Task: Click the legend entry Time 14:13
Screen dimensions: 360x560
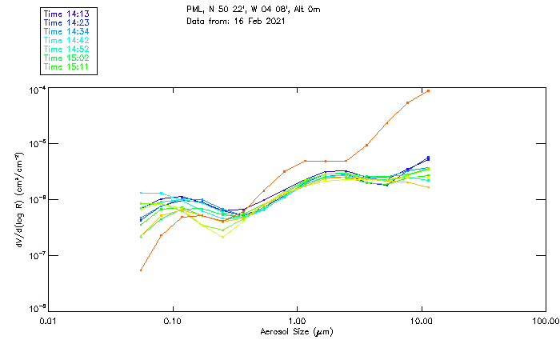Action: [x=68, y=14]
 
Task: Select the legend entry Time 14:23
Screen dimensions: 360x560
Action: [x=68, y=22]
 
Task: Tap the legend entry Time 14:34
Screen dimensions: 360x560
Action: [x=68, y=31]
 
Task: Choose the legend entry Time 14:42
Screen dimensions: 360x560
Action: [x=68, y=40]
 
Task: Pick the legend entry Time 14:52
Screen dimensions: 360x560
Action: [x=68, y=49]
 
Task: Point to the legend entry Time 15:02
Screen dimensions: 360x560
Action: [x=68, y=58]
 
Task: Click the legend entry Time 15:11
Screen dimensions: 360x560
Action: [x=68, y=66]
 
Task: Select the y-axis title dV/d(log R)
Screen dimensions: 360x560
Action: [x=18, y=198]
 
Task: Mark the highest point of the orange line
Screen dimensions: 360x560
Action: [x=429, y=90]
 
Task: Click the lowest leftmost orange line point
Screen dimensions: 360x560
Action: [x=141, y=270]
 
